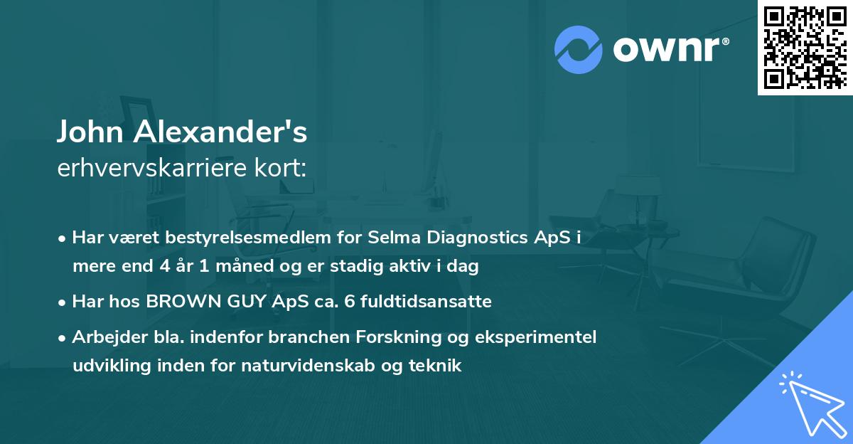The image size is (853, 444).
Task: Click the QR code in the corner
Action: coord(805,47)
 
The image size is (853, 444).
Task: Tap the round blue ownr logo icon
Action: coord(579,49)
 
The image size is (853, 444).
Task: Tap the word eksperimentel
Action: coord(544,337)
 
